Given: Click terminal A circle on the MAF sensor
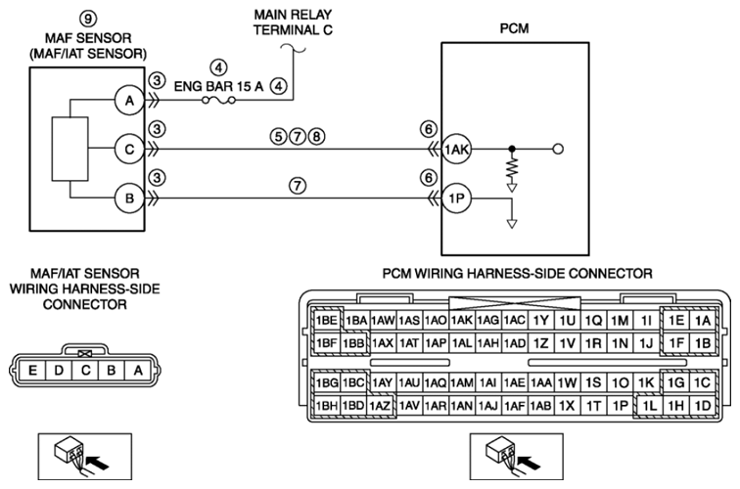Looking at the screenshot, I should [127, 100].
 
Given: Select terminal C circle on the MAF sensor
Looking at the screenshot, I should [127, 151].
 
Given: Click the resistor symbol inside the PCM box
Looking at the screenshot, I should [510, 168].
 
